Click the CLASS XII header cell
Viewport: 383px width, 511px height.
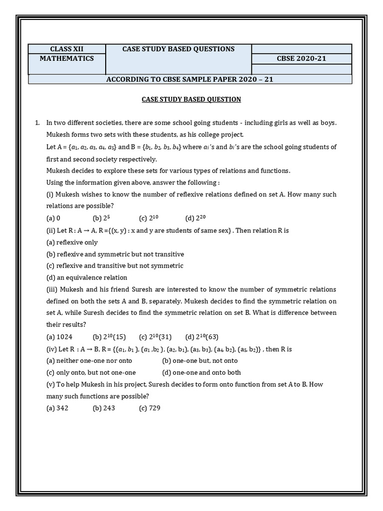[x=67, y=49]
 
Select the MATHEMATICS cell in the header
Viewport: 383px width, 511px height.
[x=67, y=58]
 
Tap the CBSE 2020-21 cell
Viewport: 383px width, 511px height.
[x=301, y=58]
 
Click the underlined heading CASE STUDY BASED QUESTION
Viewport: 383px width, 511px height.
[x=191, y=99]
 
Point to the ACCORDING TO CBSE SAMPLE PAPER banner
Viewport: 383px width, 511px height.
[x=190, y=79]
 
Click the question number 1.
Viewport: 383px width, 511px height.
[x=37, y=123]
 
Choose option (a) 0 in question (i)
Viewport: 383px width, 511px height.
[x=53, y=218]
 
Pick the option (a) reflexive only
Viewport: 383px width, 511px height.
[x=72, y=243]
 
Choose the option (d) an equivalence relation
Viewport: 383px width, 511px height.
[x=86, y=277]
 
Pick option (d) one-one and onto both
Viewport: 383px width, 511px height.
[x=201, y=372]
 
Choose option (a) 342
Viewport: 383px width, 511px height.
[x=57, y=408]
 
